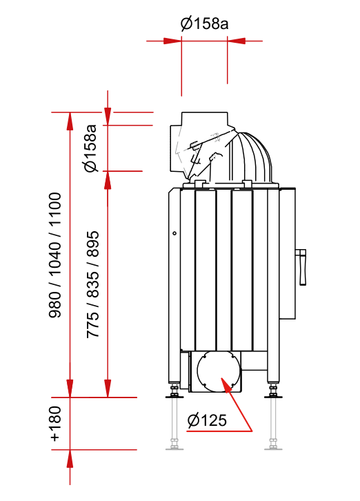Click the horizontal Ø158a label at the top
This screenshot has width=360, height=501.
[204, 23]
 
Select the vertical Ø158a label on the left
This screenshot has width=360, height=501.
[90, 148]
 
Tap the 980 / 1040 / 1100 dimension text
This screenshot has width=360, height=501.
[54, 255]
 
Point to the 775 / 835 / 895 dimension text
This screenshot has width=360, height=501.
[92, 284]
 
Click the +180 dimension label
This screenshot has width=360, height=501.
[55, 424]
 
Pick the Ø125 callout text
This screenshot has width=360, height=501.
[207, 420]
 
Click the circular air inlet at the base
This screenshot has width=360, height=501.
[219, 371]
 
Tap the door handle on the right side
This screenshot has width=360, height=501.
[301, 267]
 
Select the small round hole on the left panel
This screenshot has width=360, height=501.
[174, 233]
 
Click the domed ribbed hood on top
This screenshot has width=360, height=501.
[251, 158]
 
